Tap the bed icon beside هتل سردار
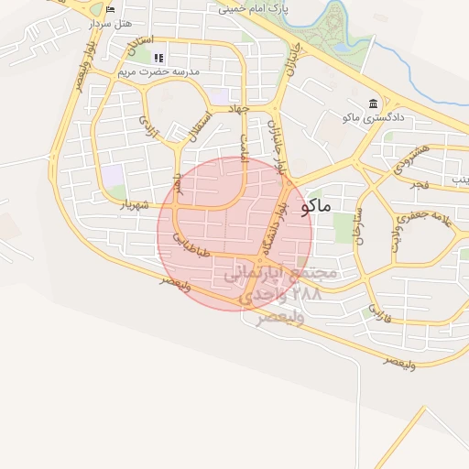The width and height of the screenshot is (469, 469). (110, 9)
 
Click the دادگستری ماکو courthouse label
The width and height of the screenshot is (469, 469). (370, 116)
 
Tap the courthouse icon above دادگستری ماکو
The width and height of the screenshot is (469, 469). (372, 104)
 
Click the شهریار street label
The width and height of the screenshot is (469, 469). (134, 206)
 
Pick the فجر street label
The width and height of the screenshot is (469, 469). (420, 185)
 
